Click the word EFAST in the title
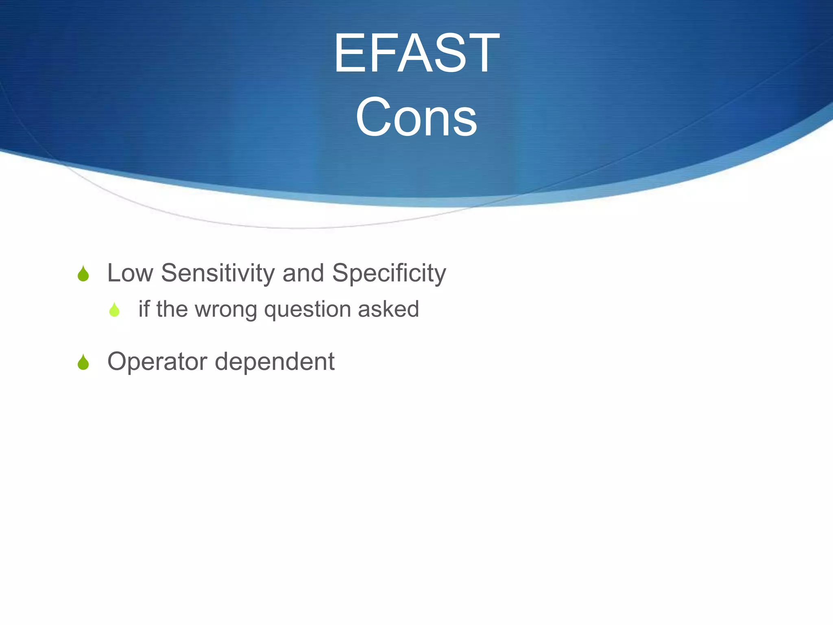(416, 53)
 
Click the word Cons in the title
(416, 117)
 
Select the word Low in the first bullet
(130, 273)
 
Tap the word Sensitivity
(218, 273)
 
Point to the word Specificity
(389, 273)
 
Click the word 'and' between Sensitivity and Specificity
(303, 273)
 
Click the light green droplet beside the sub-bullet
(114, 310)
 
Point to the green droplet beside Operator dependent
(83, 362)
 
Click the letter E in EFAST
(349, 53)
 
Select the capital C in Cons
(373, 117)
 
